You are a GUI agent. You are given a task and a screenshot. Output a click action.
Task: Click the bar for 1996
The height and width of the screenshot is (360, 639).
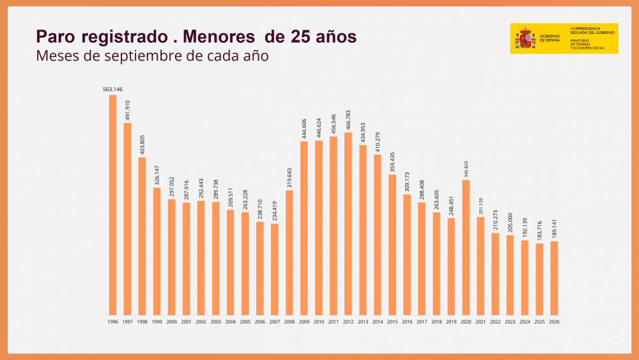[112, 205]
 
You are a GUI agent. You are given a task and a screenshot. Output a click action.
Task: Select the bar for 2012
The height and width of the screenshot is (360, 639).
[348, 224]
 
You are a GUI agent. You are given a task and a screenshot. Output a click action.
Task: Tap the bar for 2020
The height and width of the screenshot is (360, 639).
[466, 247]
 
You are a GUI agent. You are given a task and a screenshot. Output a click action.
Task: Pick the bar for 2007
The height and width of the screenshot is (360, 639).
[275, 269]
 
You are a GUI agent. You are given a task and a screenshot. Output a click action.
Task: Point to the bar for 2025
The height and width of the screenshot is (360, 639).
[539, 279]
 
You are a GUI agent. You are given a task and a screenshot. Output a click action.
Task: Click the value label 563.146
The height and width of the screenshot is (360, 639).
[112, 90]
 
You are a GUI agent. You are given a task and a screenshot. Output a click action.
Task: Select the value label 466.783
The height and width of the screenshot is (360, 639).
[348, 120]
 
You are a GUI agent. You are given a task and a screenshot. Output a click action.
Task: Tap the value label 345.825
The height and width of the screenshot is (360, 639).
[466, 169]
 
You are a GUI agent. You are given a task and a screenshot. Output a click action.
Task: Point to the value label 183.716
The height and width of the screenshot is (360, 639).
[539, 231]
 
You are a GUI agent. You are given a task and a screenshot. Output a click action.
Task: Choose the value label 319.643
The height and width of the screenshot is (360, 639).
[289, 178]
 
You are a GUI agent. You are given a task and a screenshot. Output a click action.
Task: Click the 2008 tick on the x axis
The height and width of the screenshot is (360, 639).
[289, 322]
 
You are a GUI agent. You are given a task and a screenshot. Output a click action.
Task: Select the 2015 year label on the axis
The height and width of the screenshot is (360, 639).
[392, 322]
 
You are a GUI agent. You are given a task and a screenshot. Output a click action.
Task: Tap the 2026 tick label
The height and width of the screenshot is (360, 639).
[554, 322]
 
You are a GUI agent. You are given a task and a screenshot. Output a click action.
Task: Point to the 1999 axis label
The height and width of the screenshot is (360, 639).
[157, 322]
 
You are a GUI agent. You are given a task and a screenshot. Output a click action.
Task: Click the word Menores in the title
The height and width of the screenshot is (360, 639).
[219, 36]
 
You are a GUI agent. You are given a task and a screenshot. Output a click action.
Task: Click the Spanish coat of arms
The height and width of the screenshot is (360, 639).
[525, 39]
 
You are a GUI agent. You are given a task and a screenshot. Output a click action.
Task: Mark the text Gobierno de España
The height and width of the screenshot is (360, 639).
[550, 38]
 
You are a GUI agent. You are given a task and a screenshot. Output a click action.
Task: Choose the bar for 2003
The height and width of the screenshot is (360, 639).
[215, 258]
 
